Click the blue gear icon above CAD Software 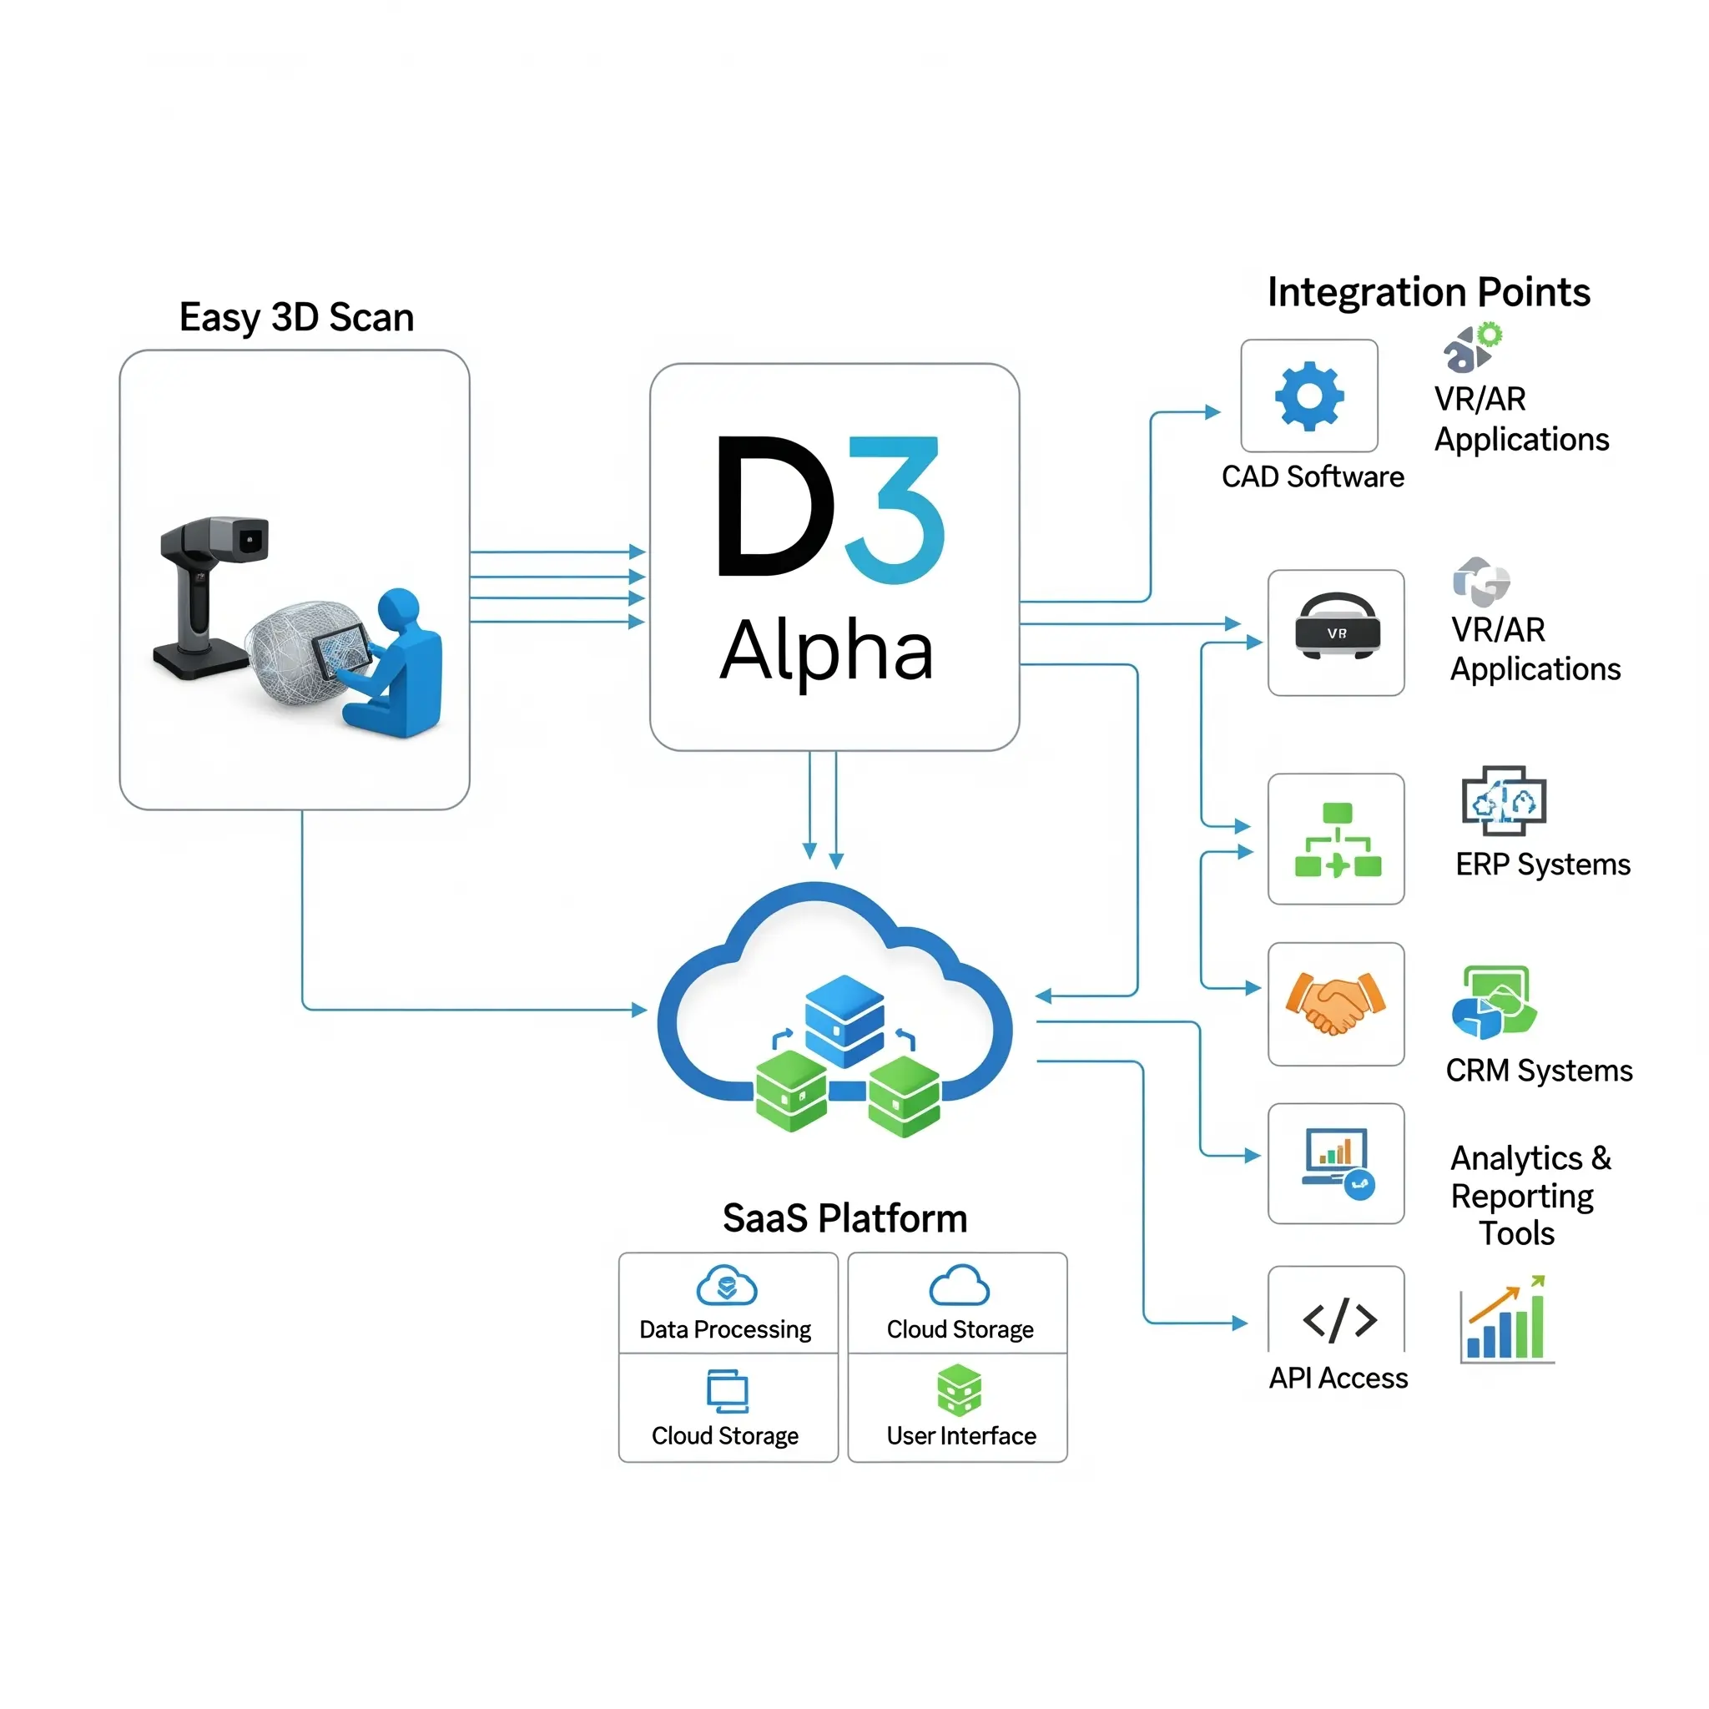tap(1309, 396)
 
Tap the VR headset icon tap(1337, 627)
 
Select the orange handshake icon tap(1336, 1003)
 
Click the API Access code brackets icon tap(1339, 1321)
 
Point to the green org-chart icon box tap(1336, 839)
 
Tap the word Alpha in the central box tap(826, 652)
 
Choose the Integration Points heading tap(1429, 292)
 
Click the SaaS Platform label tap(844, 1218)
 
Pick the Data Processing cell tap(727, 1303)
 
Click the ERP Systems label tap(1543, 865)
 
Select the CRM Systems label tap(1539, 1071)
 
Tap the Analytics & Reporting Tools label tap(1530, 1195)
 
